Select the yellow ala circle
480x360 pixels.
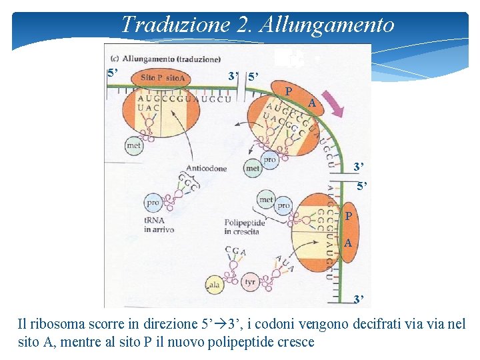(215, 284)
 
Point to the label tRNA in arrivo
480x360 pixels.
(159, 225)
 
